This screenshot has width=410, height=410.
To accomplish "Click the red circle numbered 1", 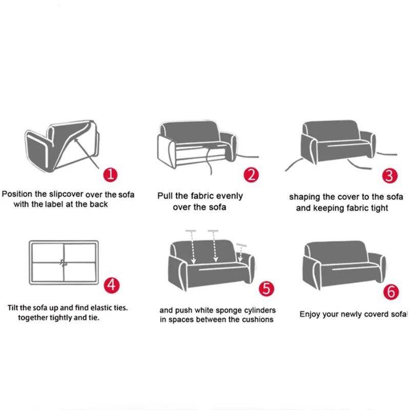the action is click(x=110, y=174).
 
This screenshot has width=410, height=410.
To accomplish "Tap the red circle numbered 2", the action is click(x=251, y=175).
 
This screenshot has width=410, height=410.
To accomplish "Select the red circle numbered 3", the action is click(x=389, y=176).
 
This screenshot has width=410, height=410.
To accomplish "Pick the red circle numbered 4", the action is click(x=112, y=285).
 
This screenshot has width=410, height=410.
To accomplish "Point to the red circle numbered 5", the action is click(x=266, y=289).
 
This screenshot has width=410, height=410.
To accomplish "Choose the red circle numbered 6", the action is click(x=391, y=292).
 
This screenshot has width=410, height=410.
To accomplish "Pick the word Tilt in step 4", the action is click(x=12, y=307).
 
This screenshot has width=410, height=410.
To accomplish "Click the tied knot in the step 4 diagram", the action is click(x=63, y=262).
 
